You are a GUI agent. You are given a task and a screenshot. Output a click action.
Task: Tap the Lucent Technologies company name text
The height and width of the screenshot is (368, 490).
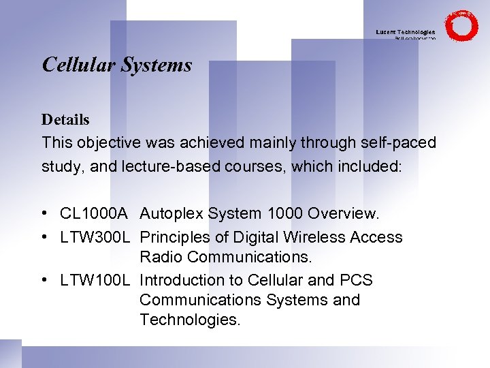406,32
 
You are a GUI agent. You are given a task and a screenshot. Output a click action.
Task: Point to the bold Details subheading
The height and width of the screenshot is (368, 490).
65,120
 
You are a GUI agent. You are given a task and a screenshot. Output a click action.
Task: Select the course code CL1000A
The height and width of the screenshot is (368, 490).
94,214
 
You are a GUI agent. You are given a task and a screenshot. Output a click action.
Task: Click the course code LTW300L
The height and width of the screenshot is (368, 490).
94,237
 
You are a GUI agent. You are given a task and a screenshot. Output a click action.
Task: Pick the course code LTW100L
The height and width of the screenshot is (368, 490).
94,280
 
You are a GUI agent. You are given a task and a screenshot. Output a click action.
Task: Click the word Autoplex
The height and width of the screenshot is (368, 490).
171,214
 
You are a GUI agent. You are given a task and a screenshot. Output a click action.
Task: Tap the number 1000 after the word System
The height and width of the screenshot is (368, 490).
286,214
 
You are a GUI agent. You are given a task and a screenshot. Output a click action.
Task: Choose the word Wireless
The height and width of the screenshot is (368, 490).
314,237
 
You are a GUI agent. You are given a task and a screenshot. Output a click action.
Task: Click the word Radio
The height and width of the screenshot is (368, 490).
161,257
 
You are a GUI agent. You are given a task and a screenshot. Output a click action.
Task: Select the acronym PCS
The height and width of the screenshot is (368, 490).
355,280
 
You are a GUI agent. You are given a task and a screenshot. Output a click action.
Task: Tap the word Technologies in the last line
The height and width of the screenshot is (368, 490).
190,320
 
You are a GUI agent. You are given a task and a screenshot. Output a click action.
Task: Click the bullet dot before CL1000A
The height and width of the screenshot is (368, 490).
44,214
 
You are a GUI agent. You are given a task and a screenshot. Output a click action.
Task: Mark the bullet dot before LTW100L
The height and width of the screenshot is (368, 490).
44,280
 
